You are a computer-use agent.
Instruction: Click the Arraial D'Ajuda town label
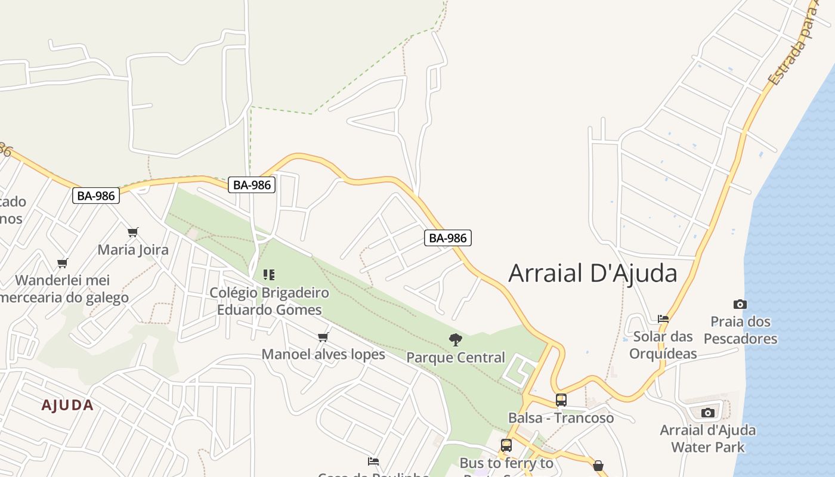pyautogui.click(x=593, y=273)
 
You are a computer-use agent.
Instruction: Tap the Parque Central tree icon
pyautogui.click(x=456, y=340)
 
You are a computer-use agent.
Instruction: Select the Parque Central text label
pyautogui.click(x=456, y=358)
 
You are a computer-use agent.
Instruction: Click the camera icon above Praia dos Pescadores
pyautogui.click(x=740, y=304)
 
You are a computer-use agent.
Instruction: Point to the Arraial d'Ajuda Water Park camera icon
pyautogui.click(x=708, y=413)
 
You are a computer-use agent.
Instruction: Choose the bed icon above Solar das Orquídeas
pyautogui.click(x=663, y=318)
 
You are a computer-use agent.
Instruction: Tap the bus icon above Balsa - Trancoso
pyautogui.click(x=561, y=399)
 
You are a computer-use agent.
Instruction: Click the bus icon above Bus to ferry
pyautogui.click(x=506, y=445)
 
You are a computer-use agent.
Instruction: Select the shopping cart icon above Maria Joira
pyautogui.click(x=133, y=232)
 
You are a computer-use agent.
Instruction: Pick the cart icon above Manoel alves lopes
pyautogui.click(x=323, y=337)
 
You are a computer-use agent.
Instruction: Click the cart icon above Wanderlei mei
pyautogui.click(x=63, y=263)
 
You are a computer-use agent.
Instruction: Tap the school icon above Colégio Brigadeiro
pyautogui.click(x=269, y=275)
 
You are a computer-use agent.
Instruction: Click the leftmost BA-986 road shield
pyautogui.click(x=96, y=195)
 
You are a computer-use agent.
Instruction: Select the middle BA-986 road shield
pyautogui.click(x=252, y=185)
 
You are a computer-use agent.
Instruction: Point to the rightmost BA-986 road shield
pyautogui.click(x=448, y=238)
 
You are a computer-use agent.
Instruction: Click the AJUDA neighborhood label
pyautogui.click(x=67, y=405)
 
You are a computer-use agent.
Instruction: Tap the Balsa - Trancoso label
pyautogui.click(x=561, y=418)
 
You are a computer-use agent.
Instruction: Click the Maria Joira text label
pyautogui.click(x=133, y=250)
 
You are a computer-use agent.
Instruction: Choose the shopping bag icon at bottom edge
pyautogui.click(x=598, y=465)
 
